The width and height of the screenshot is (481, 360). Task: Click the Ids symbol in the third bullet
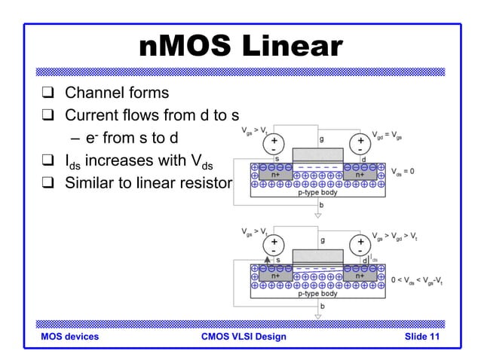72,161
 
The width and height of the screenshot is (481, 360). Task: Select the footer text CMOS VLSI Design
244,337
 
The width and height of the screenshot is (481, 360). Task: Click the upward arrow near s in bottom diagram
266,258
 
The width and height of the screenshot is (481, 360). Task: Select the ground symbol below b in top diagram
317,215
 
